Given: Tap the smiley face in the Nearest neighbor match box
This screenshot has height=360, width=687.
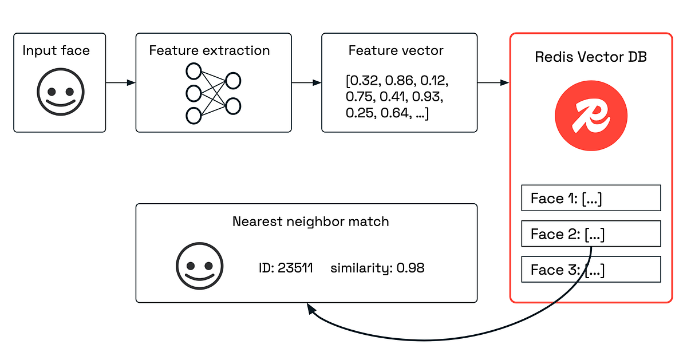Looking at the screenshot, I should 199,266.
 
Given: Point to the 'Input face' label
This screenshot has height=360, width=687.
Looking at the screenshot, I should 56,50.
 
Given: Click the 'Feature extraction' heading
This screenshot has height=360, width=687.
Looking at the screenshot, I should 210,50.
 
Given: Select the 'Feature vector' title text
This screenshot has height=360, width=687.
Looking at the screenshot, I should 396,50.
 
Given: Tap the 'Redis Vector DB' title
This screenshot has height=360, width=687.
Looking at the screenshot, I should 591,57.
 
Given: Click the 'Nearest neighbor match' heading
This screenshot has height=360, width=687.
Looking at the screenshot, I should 310,221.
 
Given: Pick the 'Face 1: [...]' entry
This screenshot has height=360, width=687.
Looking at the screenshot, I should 591,198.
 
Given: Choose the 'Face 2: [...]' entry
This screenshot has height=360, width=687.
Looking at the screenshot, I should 591,234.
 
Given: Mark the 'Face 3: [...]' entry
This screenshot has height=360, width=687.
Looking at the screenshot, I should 591,270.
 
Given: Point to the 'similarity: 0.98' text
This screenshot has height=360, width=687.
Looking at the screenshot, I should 377,268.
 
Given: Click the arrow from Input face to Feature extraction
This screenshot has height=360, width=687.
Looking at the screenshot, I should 120,83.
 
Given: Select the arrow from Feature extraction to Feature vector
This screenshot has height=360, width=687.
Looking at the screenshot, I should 306,83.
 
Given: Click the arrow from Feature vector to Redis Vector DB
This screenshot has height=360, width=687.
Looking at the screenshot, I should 493,83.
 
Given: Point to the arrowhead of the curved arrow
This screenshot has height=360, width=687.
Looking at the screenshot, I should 311,309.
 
